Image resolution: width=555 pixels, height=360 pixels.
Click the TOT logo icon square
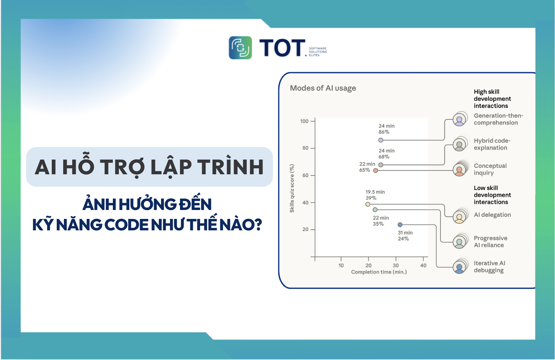[240, 47]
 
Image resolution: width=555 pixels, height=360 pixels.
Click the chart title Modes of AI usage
[323, 88]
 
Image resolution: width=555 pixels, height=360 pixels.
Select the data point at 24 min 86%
[381, 140]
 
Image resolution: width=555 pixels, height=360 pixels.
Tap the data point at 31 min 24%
[400, 225]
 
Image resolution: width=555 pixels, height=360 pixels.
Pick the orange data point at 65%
[375, 171]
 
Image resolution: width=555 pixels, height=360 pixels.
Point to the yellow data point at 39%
[367, 204]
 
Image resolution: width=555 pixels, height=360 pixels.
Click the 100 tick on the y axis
[304, 121]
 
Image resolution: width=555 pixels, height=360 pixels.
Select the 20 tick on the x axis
[369, 265]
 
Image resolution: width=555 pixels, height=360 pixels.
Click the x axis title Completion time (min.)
[379, 272]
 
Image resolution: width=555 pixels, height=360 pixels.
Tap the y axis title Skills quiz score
[292, 189]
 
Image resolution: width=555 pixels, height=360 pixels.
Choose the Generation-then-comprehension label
[498, 119]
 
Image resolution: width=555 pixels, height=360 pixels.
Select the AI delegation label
[492, 215]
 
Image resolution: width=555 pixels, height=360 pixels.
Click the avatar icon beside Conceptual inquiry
[460, 170]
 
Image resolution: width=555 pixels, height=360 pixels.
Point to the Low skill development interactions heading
[492, 195]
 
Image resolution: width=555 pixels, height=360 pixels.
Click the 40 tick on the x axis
[423, 265]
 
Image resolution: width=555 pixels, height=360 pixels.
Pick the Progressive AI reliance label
[490, 242]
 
